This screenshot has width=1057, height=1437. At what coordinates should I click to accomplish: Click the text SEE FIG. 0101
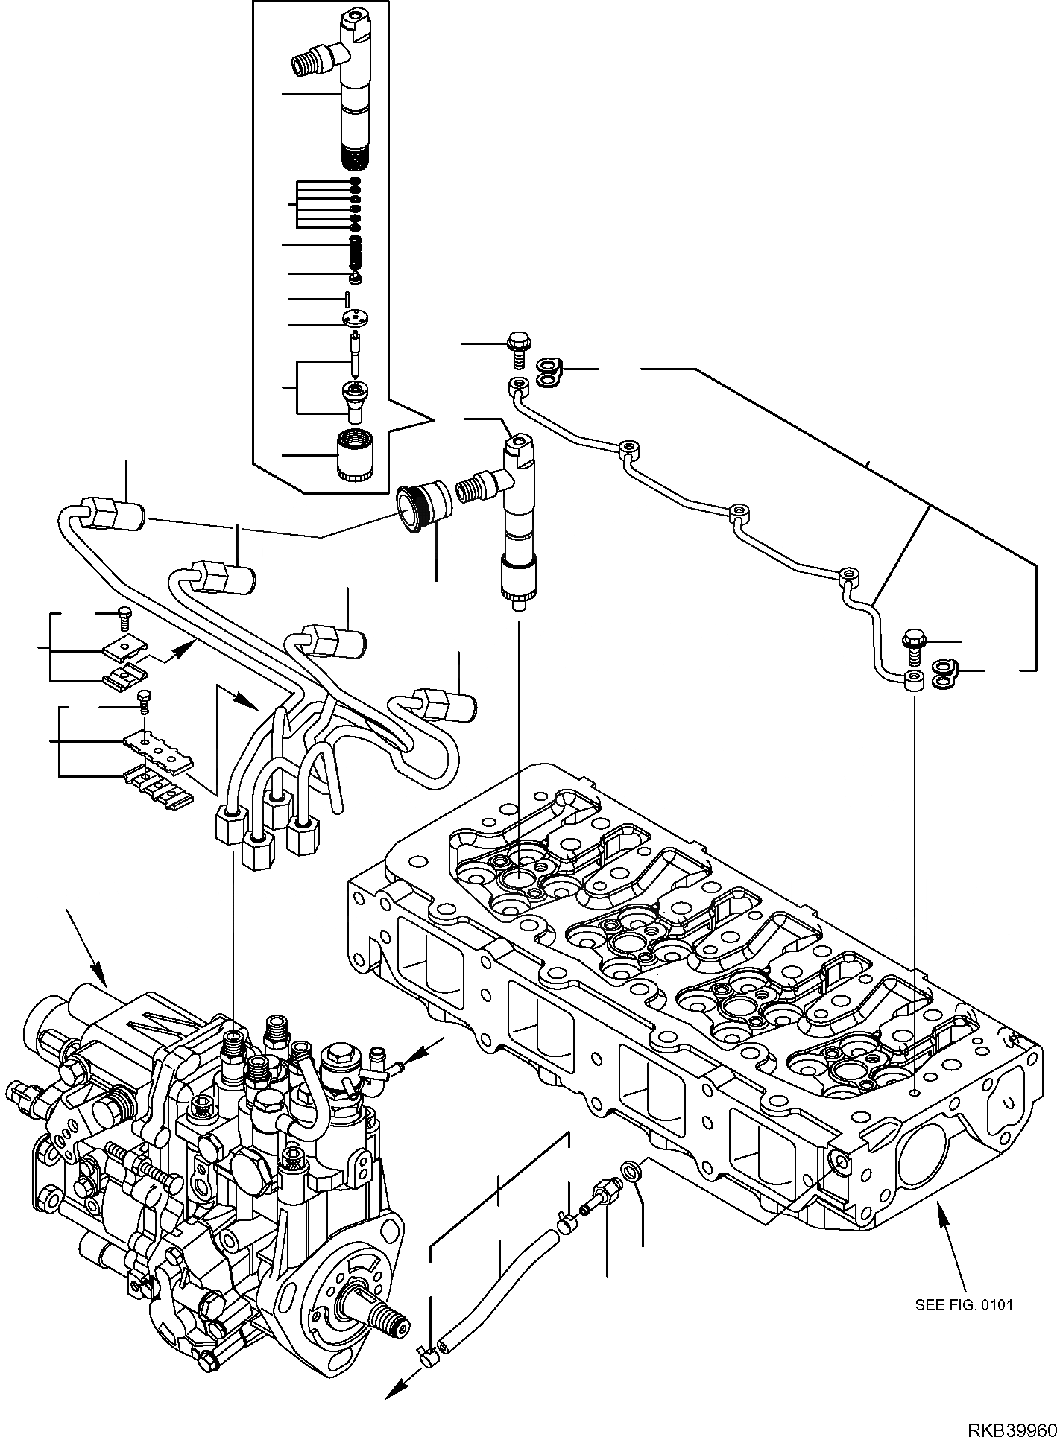(x=964, y=1304)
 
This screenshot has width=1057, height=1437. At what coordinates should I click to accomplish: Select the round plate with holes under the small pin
(x=356, y=318)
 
